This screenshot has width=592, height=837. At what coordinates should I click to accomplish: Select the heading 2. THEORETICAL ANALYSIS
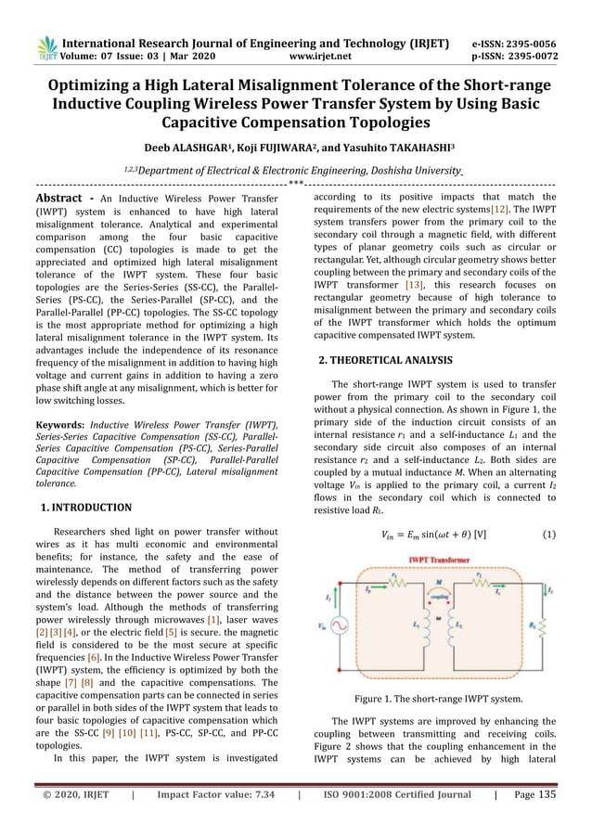point(385,359)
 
